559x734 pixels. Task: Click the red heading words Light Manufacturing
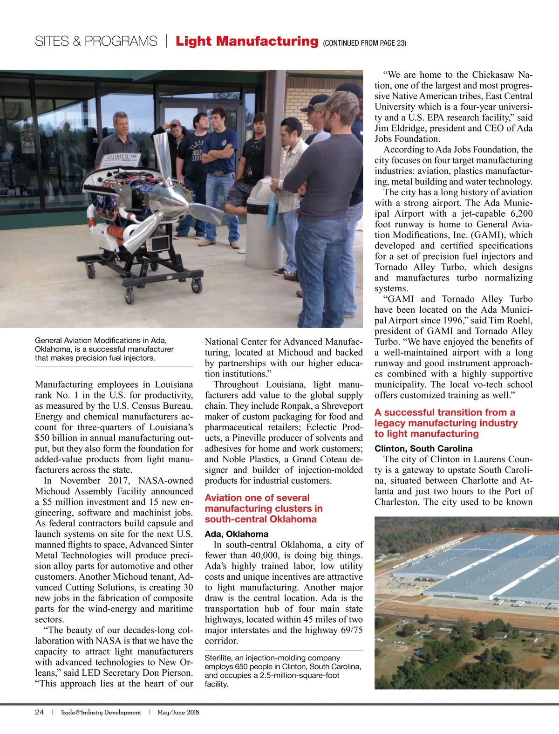click(x=246, y=41)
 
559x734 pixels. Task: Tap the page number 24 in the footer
click(x=39, y=712)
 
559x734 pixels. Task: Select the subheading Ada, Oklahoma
click(x=237, y=534)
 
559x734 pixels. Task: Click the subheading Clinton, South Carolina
click(x=423, y=449)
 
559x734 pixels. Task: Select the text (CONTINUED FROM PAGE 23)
click(x=364, y=43)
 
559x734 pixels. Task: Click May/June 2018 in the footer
click(x=178, y=712)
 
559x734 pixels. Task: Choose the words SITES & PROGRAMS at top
click(x=96, y=41)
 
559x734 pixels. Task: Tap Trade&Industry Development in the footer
click(x=101, y=712)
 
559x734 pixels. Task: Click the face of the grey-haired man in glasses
click(x=121, y=124)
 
